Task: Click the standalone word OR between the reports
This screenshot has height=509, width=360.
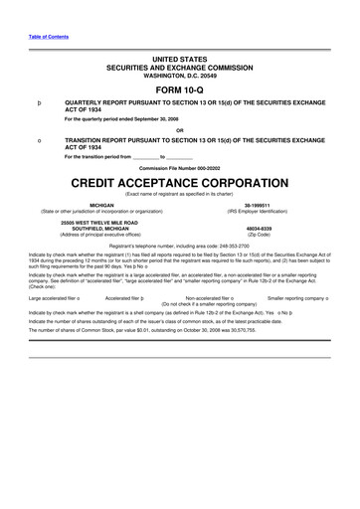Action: tap(179, 130)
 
